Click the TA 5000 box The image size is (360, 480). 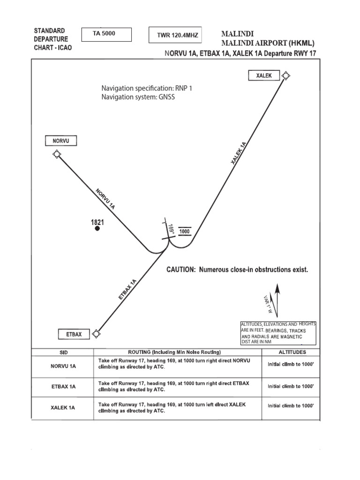tap(106, 35)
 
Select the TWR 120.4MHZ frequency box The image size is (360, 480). tap(175, 35)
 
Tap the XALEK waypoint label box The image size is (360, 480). tap(264, 75)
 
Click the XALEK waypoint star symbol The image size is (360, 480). tap(286, 75)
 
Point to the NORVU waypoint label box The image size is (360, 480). tap(61, 141)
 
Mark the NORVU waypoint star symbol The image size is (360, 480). tap(57, 154)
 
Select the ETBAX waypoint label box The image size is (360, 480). tap(74, 334)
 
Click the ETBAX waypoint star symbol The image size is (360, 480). tap(96, 333)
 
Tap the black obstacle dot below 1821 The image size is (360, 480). tap(97, 229)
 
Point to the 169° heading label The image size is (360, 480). tap(172, 230)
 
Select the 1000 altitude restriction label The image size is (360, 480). tap(185, 232)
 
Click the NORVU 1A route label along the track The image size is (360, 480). tap(105, 198)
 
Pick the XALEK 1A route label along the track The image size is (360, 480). tap(239, 153)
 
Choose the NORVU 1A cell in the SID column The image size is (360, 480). tap(62, 366)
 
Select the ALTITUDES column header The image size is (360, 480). tap(292, 352)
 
